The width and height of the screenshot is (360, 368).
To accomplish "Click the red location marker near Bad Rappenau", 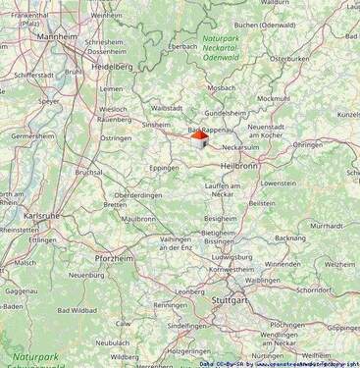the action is (198, 138).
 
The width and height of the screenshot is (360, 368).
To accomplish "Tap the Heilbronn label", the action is (238, 166).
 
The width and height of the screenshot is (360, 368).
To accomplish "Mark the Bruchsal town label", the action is (88, 172).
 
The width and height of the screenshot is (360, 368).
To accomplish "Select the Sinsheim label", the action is (157, 125).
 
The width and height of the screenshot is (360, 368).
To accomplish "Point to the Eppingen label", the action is (163, 168).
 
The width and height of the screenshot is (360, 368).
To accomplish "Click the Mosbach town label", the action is (221, 87).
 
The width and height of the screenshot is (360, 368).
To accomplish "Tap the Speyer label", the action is (48, 101).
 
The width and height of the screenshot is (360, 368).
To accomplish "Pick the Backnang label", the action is (290, 237).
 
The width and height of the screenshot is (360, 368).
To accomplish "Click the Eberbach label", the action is (182, 45).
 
